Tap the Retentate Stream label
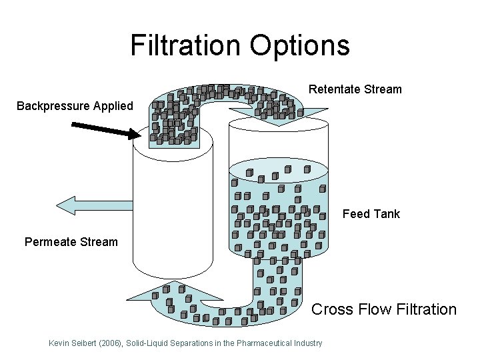click(x=355, y=89)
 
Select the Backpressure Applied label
click(x=75, y=106)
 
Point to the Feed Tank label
click(x=371, y=214)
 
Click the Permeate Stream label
click(x=71, y=241)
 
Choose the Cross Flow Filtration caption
click(x=384, y=309)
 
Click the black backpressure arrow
click(x=107, y=129)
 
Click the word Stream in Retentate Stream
click(x=383, y=89)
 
